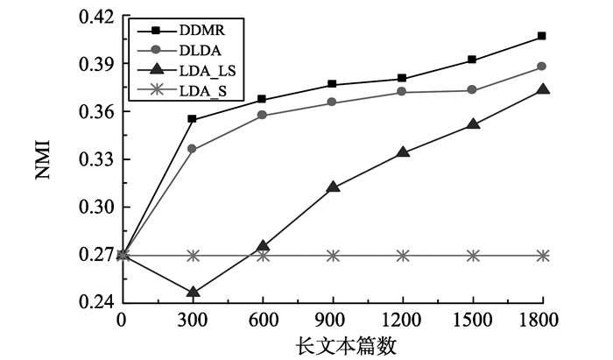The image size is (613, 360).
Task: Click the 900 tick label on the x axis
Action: pos(333,321)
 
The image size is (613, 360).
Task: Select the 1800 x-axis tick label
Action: pos(542,321)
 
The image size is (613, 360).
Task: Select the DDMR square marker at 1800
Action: pos(542,36)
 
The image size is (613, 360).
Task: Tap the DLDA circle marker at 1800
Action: pos(542,67)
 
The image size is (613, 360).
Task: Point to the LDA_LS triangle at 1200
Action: pos(403,152)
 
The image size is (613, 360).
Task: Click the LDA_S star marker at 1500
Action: pos(473,256)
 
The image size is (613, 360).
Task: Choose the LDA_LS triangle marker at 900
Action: pos(333,187)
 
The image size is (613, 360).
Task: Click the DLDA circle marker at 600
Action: pos(263,116)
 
